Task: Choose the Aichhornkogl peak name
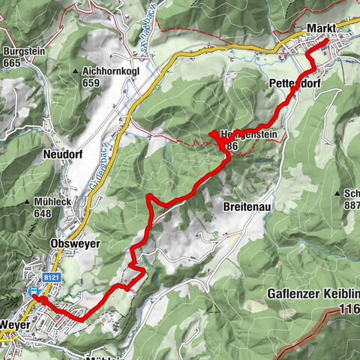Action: pos(106,71)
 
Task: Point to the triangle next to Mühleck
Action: pos(28,202)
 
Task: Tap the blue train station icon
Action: pos(33,291)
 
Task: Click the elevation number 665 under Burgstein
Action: pos(12,63)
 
